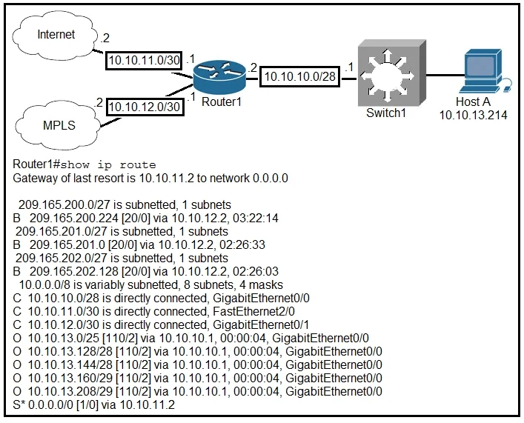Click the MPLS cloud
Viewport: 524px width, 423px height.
click(x=58, y=126)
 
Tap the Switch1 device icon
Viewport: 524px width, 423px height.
click(x=391, y=73)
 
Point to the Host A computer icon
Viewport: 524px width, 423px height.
click(x=483, y=71)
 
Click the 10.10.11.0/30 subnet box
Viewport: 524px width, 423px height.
click(x=144, y=61)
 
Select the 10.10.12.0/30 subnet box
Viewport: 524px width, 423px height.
click(x=145, y=107)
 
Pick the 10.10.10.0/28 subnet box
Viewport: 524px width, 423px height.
click(x=299, y=76)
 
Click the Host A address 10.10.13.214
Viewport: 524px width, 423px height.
click(x=473, y=115)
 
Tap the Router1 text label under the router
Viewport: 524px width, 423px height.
click(x=221, y=101)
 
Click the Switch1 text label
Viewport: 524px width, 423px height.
click(x=386, y=113)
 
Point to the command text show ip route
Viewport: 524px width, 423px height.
click(x=108, y=164)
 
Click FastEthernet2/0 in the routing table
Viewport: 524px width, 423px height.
click(x=253, y=311)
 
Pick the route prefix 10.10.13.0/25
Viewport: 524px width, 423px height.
click(x=64, y=338)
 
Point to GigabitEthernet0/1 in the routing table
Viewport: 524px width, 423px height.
click(x=261, y=324)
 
